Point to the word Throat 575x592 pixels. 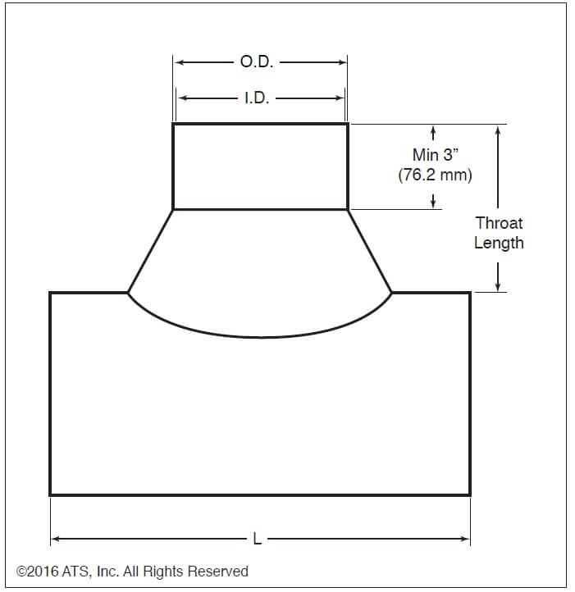click(499, 223)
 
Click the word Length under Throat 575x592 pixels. click(499, 243)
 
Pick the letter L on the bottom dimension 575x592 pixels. click(258, 539)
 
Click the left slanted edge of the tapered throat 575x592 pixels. click(150, 251)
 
